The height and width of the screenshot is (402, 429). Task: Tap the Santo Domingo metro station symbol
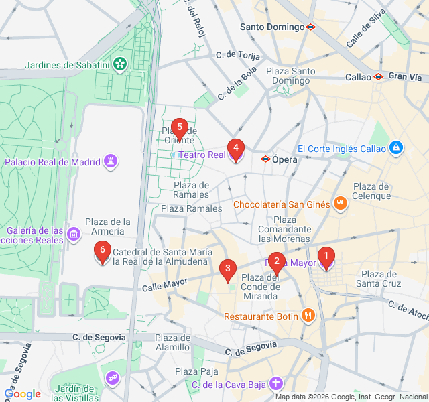click(x=310, y=27)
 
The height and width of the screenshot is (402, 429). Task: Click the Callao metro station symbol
click(x=378, y=77)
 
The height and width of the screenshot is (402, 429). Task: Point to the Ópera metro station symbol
click(x=265, y=159)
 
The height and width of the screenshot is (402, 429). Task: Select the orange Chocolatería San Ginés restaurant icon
click(x=340, y=204)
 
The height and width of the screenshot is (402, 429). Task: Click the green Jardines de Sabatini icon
click(x=119, y=65)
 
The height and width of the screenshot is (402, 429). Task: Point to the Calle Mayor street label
click(x=164, y=285)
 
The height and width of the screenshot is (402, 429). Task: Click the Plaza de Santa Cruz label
click(x=380, y=279)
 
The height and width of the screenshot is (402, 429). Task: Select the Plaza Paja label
click(x=196, y=371)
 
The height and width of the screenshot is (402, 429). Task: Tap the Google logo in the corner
click(x=23, y=394)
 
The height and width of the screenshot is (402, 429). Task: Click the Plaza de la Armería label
click(x=107, y=226)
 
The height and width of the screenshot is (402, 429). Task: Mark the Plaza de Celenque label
click(x=371, y=191)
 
